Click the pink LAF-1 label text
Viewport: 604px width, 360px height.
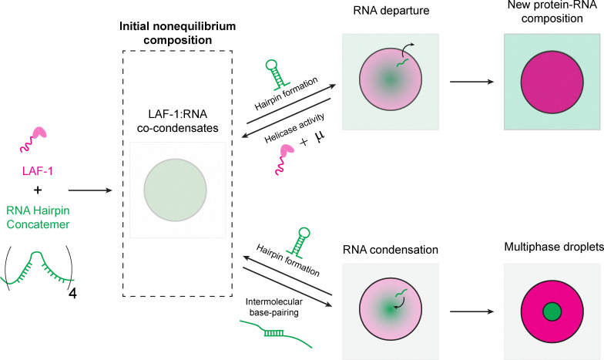tap(37, 171)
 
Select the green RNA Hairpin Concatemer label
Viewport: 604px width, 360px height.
tap(39, 217)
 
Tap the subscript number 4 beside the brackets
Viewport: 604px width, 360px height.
tap(72, 294)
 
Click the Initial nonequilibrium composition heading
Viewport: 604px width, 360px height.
tap(177, 33)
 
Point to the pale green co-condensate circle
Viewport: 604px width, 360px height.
tap(176, 190)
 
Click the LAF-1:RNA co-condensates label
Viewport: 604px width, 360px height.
tap(177, 121)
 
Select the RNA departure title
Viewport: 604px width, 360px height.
tap(391, 11)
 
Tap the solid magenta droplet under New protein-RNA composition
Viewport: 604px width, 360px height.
tap(552, 82)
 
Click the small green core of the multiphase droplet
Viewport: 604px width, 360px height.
tap(552, 311)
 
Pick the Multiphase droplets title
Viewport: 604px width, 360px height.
tap(554, 247)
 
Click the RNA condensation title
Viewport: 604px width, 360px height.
tap(390, 250)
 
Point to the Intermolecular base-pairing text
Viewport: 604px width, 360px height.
tap(274, 307)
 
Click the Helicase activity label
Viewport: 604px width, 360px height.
tap(294, 128)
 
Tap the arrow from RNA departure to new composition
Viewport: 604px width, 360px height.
tap(471, 82)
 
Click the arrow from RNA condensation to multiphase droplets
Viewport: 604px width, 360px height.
tap(471, 311)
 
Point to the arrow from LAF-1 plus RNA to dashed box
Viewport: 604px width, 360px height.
tap(90, 190)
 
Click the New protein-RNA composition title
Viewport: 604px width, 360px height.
tap(552, 12)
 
